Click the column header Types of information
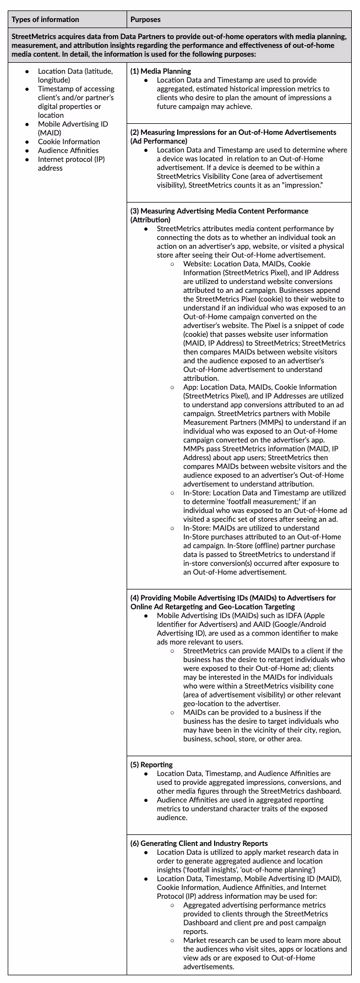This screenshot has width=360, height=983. click(x=45, y=19)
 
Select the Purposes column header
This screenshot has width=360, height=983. click(x=145, y=19)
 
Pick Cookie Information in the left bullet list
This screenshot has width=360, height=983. click(x=69, y=141)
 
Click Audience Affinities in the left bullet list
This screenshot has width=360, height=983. click(x=68, y=150)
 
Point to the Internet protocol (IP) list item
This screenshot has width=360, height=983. click(x=71, y=159)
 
